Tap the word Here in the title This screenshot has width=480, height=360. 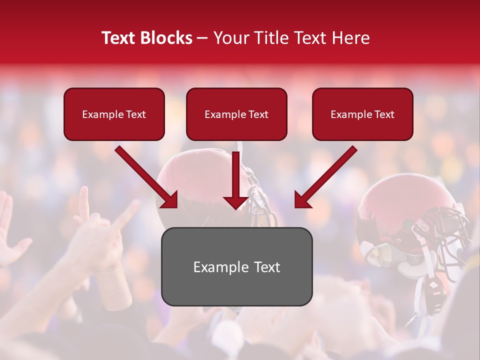click(x=350, y=38)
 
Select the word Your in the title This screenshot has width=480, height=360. click(x=230, y=38)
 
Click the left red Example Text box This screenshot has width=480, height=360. click(x=114, y=114)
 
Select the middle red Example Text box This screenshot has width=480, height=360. click(x=236, y=114)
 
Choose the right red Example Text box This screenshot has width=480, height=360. click(x=362, y=114)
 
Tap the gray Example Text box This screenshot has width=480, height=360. click(x=236, y=267)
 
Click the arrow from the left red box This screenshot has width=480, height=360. click(x=145, y=176)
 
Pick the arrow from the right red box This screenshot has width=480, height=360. click(x=327, y=176)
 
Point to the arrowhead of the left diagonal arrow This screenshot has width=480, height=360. click(x=171, y=201)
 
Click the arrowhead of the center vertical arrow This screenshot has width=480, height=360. click(x=236, y=202)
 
